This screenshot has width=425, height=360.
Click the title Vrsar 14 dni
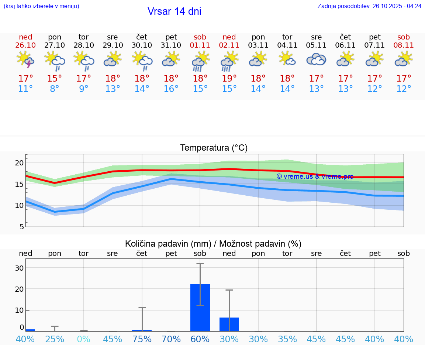[174, 11]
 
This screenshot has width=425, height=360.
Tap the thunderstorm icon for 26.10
[25, 59]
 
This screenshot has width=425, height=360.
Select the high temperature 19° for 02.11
[229, 78]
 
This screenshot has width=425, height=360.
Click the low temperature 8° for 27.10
[55, 89]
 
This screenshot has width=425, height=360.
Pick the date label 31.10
[171, 45]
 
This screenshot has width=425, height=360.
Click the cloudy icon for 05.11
[316, 59]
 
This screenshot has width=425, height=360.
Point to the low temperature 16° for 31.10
[171, 89]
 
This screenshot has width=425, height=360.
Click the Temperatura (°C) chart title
[214, 148]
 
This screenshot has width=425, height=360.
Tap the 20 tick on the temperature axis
[19, 163]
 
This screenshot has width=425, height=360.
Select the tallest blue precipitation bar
[200, 308]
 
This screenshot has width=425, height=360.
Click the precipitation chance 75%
[142, 339]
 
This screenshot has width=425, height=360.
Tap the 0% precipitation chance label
[84, 339]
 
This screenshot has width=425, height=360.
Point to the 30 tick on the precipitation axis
[19, 268]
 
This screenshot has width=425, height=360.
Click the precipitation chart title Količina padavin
[213, 244]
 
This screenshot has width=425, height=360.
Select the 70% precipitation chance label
[171, 339]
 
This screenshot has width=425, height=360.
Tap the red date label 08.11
[404, 45]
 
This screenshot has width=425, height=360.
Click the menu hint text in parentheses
[41, 6]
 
